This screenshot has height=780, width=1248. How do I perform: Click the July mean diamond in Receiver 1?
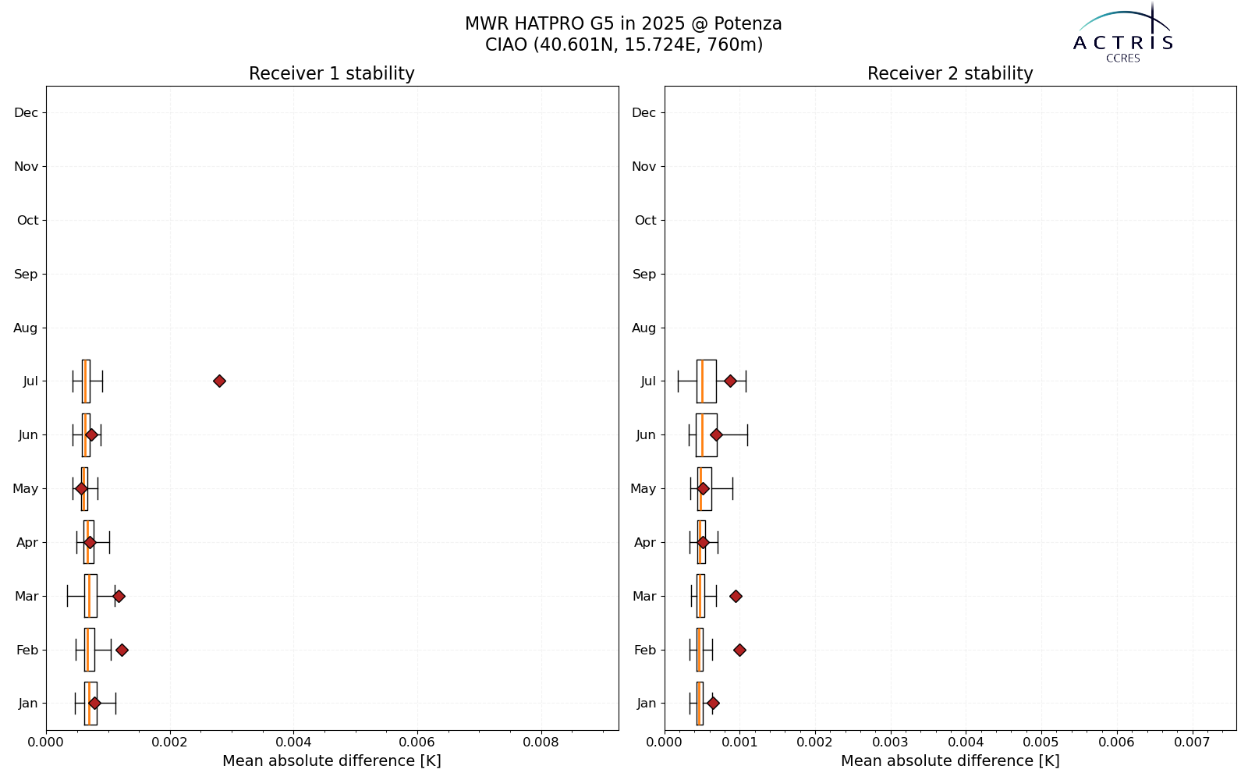coord(219,381)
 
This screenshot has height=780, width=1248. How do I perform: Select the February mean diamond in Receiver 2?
coord(739,650)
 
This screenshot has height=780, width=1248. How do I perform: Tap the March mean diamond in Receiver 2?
coord(736,596)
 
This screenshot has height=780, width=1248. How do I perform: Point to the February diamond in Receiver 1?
coord(122,650)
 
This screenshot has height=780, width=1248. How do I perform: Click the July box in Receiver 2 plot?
coord(707,381)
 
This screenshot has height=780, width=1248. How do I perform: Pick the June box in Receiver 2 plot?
coord(707,434)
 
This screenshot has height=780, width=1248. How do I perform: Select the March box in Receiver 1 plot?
coord(90,596)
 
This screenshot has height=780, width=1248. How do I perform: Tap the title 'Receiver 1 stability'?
coord(331,73)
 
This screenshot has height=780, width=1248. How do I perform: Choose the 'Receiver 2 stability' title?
coord(950,73)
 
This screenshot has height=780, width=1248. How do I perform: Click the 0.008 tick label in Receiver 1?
coord(541,742)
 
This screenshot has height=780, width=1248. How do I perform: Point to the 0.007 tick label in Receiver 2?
coord(1193,742)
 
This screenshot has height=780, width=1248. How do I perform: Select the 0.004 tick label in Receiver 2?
coord(966,742)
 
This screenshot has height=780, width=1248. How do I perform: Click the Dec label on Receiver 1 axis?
coord(27,112)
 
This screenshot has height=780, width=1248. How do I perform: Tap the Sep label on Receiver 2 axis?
coord(644,274)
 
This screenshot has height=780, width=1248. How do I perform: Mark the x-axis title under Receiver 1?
coord(331,761)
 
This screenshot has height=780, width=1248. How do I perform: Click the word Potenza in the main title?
coord(748,23)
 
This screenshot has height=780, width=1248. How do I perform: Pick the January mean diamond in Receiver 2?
coord(713,703)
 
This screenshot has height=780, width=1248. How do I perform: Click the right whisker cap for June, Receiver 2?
coord(748,434)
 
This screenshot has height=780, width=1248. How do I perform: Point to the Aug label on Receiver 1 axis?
coord(26,328)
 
